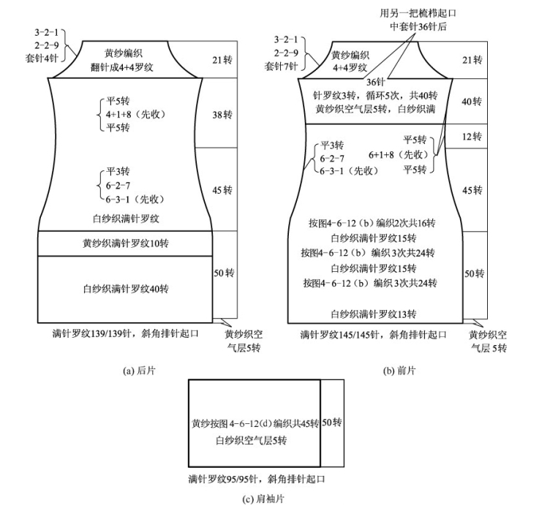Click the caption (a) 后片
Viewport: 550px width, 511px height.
[139, 370]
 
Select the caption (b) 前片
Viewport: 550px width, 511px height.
[399, 370]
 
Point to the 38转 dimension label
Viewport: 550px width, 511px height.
[222, 116]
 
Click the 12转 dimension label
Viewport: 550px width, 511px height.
[472, 137]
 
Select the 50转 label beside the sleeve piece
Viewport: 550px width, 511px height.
[332, 423]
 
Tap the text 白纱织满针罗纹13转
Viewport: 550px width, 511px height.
[374, 314]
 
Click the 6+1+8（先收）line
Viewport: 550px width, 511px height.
[399, 155]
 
